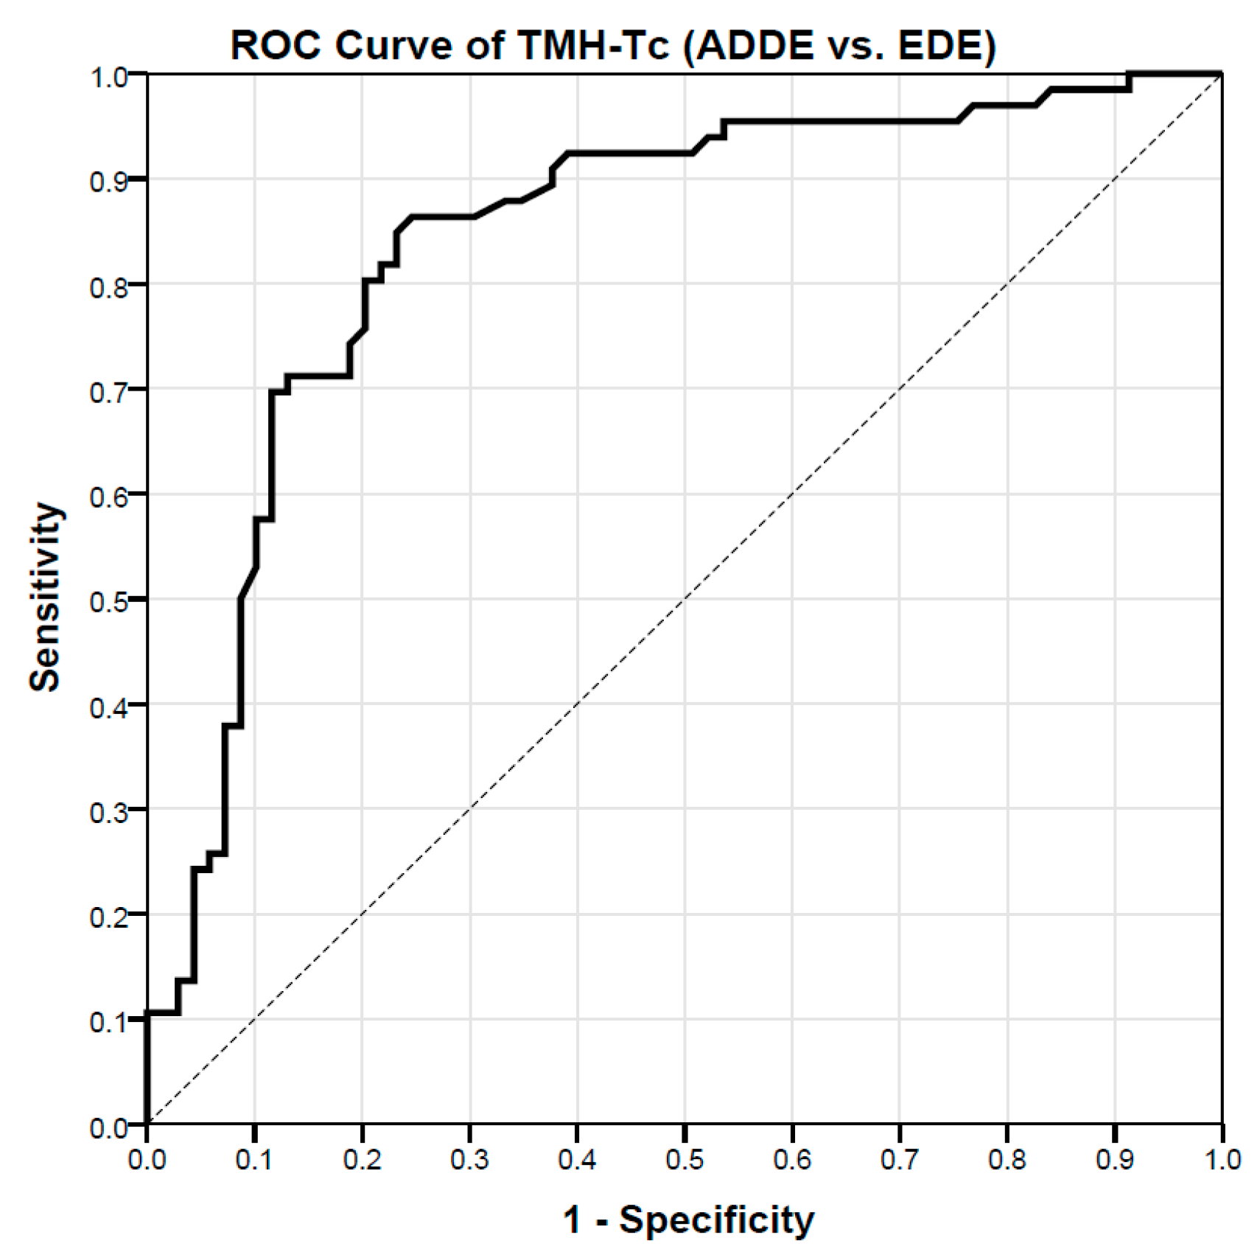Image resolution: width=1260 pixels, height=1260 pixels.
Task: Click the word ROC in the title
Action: click(276, 46)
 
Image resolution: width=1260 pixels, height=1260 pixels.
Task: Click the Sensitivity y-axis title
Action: click(45, 598)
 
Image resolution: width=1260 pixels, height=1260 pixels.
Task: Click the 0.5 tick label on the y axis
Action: click(108, 601)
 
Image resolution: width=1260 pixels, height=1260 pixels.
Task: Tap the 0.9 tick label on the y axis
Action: click(108, 181)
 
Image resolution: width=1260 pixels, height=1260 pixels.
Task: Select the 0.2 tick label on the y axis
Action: click(108, 916)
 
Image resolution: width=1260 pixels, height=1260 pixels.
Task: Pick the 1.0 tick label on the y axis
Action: click(108, 76)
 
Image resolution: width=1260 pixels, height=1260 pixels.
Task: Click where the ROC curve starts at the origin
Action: click(147, 1123)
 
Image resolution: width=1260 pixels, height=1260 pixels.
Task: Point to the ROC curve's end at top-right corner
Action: click(1221, 74)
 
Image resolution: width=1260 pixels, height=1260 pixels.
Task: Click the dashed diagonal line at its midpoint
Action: click(685, 598)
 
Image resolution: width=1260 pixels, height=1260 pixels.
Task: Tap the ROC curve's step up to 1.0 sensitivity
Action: click(1129, 81)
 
